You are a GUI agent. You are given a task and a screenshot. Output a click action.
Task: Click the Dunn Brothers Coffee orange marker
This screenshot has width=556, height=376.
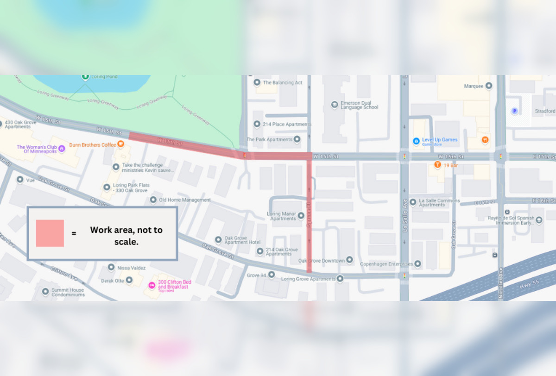point(120,144)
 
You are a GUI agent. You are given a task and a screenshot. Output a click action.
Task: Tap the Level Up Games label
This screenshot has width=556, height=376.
point(439,139)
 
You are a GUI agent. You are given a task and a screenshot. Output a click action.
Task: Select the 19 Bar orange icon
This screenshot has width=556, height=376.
point(437,165)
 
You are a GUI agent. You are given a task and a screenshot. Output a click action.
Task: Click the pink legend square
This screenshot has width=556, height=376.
point(50,233)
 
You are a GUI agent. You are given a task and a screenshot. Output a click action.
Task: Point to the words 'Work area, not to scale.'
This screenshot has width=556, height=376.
point(126,235)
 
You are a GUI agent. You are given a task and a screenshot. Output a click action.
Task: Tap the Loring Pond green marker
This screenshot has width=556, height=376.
point(85,76)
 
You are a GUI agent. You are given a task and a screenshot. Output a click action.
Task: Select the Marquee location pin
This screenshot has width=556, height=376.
point(488,86)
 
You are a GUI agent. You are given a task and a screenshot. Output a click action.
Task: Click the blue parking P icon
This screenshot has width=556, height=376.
point(514,111)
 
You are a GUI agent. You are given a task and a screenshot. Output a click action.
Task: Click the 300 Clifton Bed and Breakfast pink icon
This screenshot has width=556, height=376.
point(151,285)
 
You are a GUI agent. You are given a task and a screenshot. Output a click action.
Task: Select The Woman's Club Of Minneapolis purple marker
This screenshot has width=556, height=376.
point(62,149)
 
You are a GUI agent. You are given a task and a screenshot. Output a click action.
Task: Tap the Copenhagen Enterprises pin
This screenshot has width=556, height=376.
point(417,264)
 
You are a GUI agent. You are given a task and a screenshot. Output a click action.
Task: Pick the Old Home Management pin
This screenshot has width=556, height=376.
point(153,200)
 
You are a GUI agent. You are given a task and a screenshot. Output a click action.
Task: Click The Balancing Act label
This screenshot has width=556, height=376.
point(282,82)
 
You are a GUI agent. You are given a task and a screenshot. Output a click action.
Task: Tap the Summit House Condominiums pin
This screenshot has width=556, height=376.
point(45,292)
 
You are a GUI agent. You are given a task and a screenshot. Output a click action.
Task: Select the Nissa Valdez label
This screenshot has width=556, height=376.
point(132,268)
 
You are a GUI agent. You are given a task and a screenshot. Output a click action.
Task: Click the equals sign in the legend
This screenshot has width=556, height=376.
point(74,233)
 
